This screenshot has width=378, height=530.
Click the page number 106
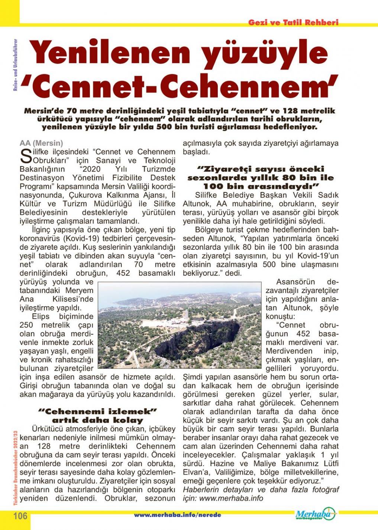(x=21, y=516)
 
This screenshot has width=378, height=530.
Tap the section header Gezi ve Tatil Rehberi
(x=293, y=22)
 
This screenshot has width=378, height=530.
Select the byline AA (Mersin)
(x=41, y=143)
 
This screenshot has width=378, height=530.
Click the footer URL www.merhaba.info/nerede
(x=178, y=515)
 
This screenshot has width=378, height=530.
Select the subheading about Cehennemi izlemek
(x=97, y=416)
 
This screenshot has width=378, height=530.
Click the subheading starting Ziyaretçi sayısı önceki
(x=261, y=177)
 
